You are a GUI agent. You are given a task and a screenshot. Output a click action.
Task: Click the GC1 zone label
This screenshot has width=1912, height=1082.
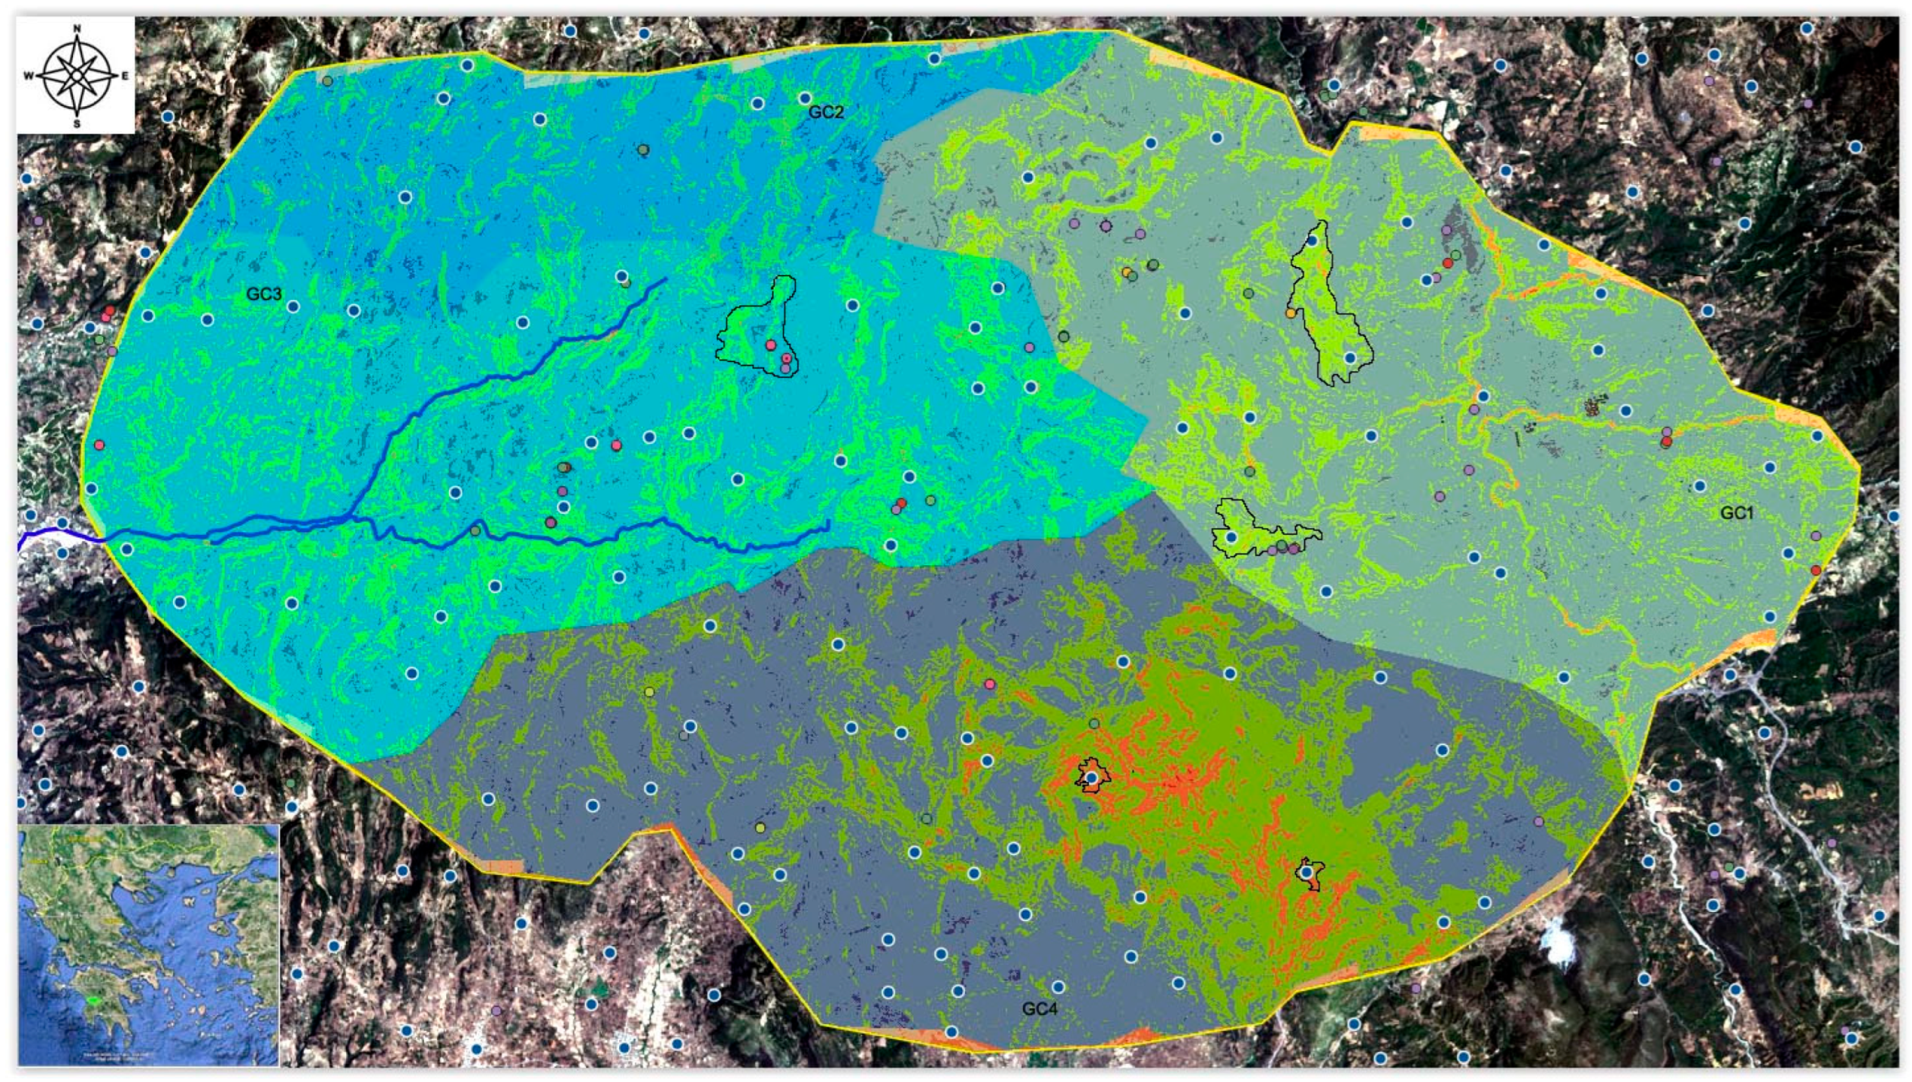coord(1736,514)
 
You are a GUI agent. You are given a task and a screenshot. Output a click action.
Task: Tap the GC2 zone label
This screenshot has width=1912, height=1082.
coord(825,112)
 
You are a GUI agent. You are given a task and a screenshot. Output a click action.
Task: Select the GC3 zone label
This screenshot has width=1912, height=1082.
coord(263,294)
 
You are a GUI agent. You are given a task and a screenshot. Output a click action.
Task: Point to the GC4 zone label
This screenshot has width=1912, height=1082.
coord(1039,1009)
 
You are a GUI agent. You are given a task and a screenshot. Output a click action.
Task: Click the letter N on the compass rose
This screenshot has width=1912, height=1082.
coord(77,29)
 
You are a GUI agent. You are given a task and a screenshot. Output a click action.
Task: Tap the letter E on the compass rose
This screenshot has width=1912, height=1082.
coord(125,76)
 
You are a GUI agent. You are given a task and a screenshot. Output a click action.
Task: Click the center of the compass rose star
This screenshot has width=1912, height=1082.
coord(77,76)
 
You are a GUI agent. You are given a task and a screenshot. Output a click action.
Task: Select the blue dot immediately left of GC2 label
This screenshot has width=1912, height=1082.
coord(804,99)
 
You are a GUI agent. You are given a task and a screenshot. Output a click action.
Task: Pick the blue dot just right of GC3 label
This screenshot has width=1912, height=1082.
coord(293,307)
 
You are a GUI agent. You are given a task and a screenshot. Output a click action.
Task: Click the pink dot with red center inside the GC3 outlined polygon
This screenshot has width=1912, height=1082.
coord(787,358)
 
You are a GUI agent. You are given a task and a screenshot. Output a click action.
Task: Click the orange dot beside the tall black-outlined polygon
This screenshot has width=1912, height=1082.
coord(1291,313)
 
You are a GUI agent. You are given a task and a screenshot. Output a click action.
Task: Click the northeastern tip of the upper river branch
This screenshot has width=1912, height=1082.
coord(665,279)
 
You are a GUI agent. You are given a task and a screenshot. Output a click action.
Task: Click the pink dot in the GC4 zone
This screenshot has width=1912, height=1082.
coord(989,684)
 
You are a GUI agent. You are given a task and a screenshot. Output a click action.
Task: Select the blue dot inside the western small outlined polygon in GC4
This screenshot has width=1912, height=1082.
coord(1092,778)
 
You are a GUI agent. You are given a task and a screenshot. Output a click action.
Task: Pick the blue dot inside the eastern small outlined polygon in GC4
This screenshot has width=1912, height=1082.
coord(1306,873)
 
